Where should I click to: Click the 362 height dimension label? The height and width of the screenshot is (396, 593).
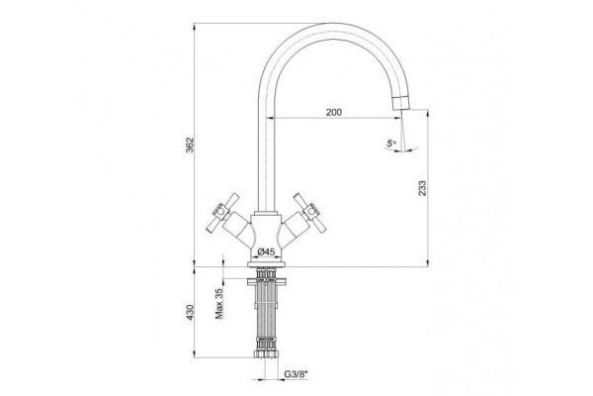(190, 145)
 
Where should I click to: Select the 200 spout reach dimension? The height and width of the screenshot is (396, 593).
(334, 112)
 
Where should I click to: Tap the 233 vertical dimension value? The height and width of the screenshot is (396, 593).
(422, 188)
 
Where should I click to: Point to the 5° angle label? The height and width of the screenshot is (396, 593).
(390, 144)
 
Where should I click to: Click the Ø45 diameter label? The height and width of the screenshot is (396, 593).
(266, 251)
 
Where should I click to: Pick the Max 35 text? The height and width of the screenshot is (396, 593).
(219, 303)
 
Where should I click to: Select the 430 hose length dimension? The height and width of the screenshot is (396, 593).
(190, 312)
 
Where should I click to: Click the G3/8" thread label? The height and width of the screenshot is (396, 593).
(296, 374)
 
